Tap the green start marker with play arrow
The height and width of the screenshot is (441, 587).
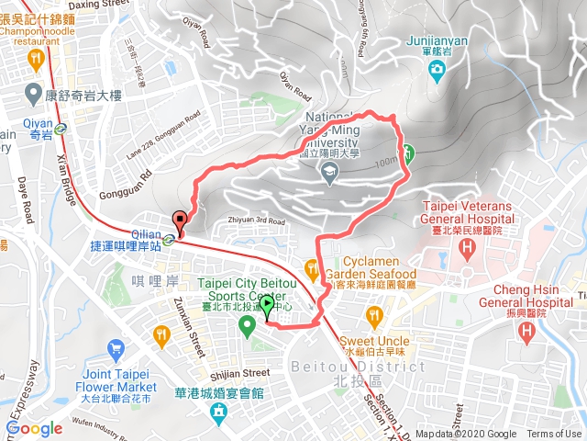click(x=266, y=306)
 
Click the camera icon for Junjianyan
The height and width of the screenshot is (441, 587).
click(x=437, y=69)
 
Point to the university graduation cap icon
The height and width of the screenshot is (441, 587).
click(x=328, y=172)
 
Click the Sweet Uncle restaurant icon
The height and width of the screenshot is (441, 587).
click(x=373, y=316)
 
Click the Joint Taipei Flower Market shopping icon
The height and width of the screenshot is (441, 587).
click(x=116, y=349)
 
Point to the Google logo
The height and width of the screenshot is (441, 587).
click(x=35, y=428)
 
